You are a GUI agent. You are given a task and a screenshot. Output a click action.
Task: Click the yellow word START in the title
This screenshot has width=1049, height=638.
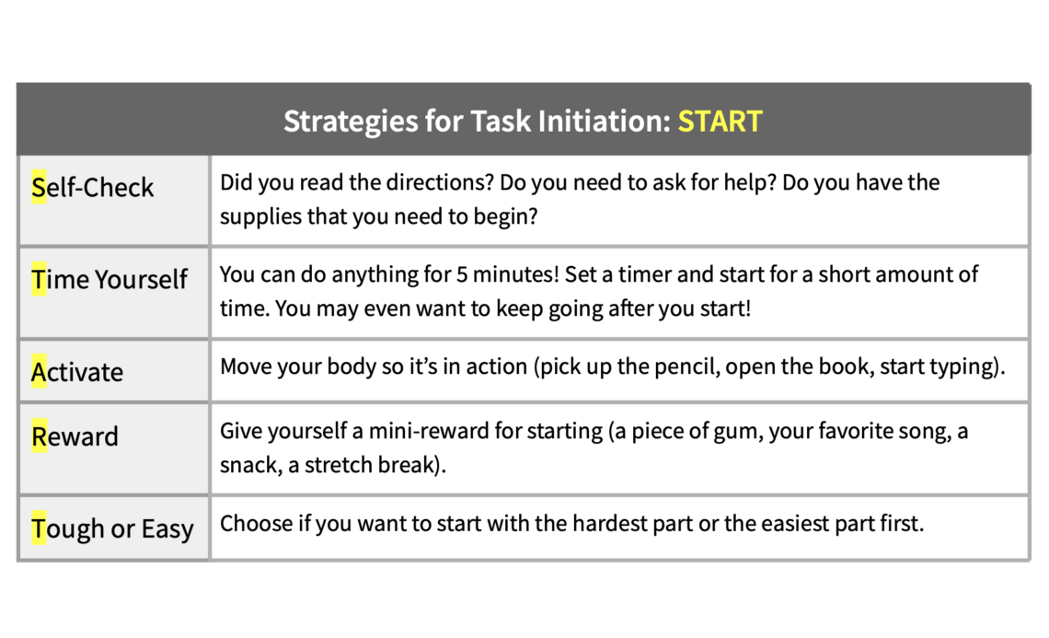click(720, 122)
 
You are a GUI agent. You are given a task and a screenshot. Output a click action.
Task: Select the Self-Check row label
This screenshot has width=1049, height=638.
click(92, 188)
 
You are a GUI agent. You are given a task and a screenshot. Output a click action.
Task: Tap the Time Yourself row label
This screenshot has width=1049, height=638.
click(110, 280)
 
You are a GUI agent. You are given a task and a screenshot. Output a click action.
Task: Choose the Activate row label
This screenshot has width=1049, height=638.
click(77, 372)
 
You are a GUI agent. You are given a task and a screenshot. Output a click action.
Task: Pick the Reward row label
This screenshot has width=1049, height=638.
click(75, 436)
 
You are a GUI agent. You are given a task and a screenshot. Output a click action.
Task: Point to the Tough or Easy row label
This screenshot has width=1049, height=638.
click(112, 528)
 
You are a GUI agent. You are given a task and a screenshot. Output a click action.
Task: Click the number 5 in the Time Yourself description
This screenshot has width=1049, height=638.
click(462, 274)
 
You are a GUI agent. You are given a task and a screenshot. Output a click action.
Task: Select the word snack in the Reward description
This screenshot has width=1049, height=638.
click(251, 465)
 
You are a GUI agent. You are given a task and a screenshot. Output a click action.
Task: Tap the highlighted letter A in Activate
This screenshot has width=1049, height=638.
click(39, 372)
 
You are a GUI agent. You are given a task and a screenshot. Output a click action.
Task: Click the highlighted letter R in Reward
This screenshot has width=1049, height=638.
click(39, 436)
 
